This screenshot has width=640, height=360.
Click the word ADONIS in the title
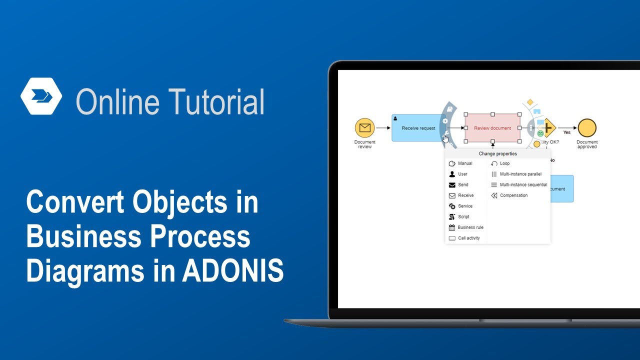[233, 271]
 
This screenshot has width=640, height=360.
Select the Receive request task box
[417, 128]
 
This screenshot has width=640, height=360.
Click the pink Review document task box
[492, 128]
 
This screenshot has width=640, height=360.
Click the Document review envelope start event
[364, 128]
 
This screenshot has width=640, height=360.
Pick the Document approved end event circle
[586, 128]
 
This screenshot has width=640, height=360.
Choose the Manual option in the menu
[464, 163]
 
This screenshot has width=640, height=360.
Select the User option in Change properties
[462, 174]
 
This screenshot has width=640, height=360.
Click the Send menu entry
[463, 185]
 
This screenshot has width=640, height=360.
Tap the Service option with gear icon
[464, 206]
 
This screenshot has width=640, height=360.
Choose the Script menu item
[463, 217]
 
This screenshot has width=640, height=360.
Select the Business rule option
[470, 227]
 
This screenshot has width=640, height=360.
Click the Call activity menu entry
[468, 238]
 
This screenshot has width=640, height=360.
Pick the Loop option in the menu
[504, 163]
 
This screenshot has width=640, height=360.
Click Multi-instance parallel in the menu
[520, 174]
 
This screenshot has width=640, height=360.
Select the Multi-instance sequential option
[523, 185]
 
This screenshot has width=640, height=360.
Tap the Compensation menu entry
[513, 195]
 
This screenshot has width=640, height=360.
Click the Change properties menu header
[497, 154]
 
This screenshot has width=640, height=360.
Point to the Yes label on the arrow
[566, 133]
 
